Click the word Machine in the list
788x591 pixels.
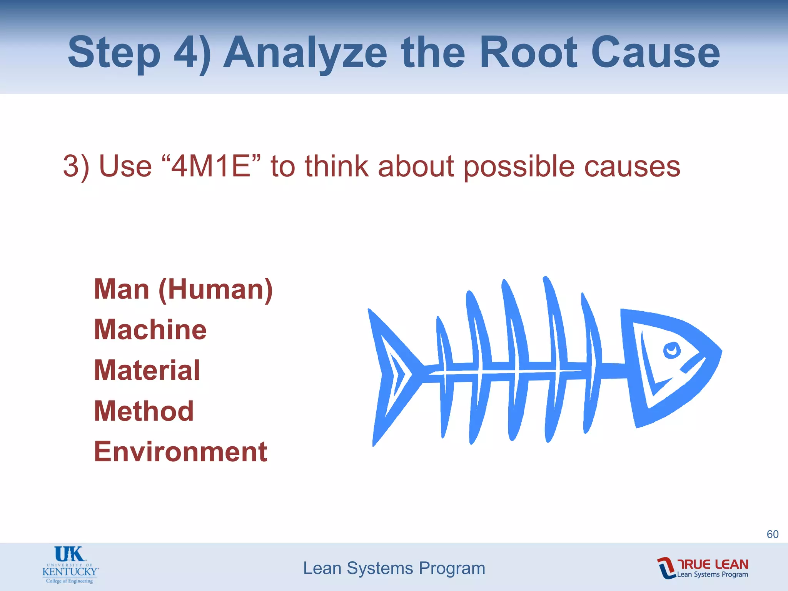pos(150,330)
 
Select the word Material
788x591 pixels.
pos(147,371)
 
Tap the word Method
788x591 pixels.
pos(144,411)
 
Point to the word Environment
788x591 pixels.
pos(180,452)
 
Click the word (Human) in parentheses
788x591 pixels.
pos(215,290)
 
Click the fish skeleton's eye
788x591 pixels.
pos(672,350)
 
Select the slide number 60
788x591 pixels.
pos(772,534)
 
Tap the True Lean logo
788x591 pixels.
pos(703,568)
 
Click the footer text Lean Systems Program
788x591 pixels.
pos(394,568)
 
